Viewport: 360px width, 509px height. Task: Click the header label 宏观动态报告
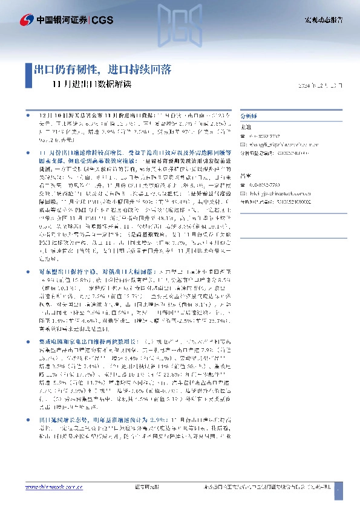tap(322, 20)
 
